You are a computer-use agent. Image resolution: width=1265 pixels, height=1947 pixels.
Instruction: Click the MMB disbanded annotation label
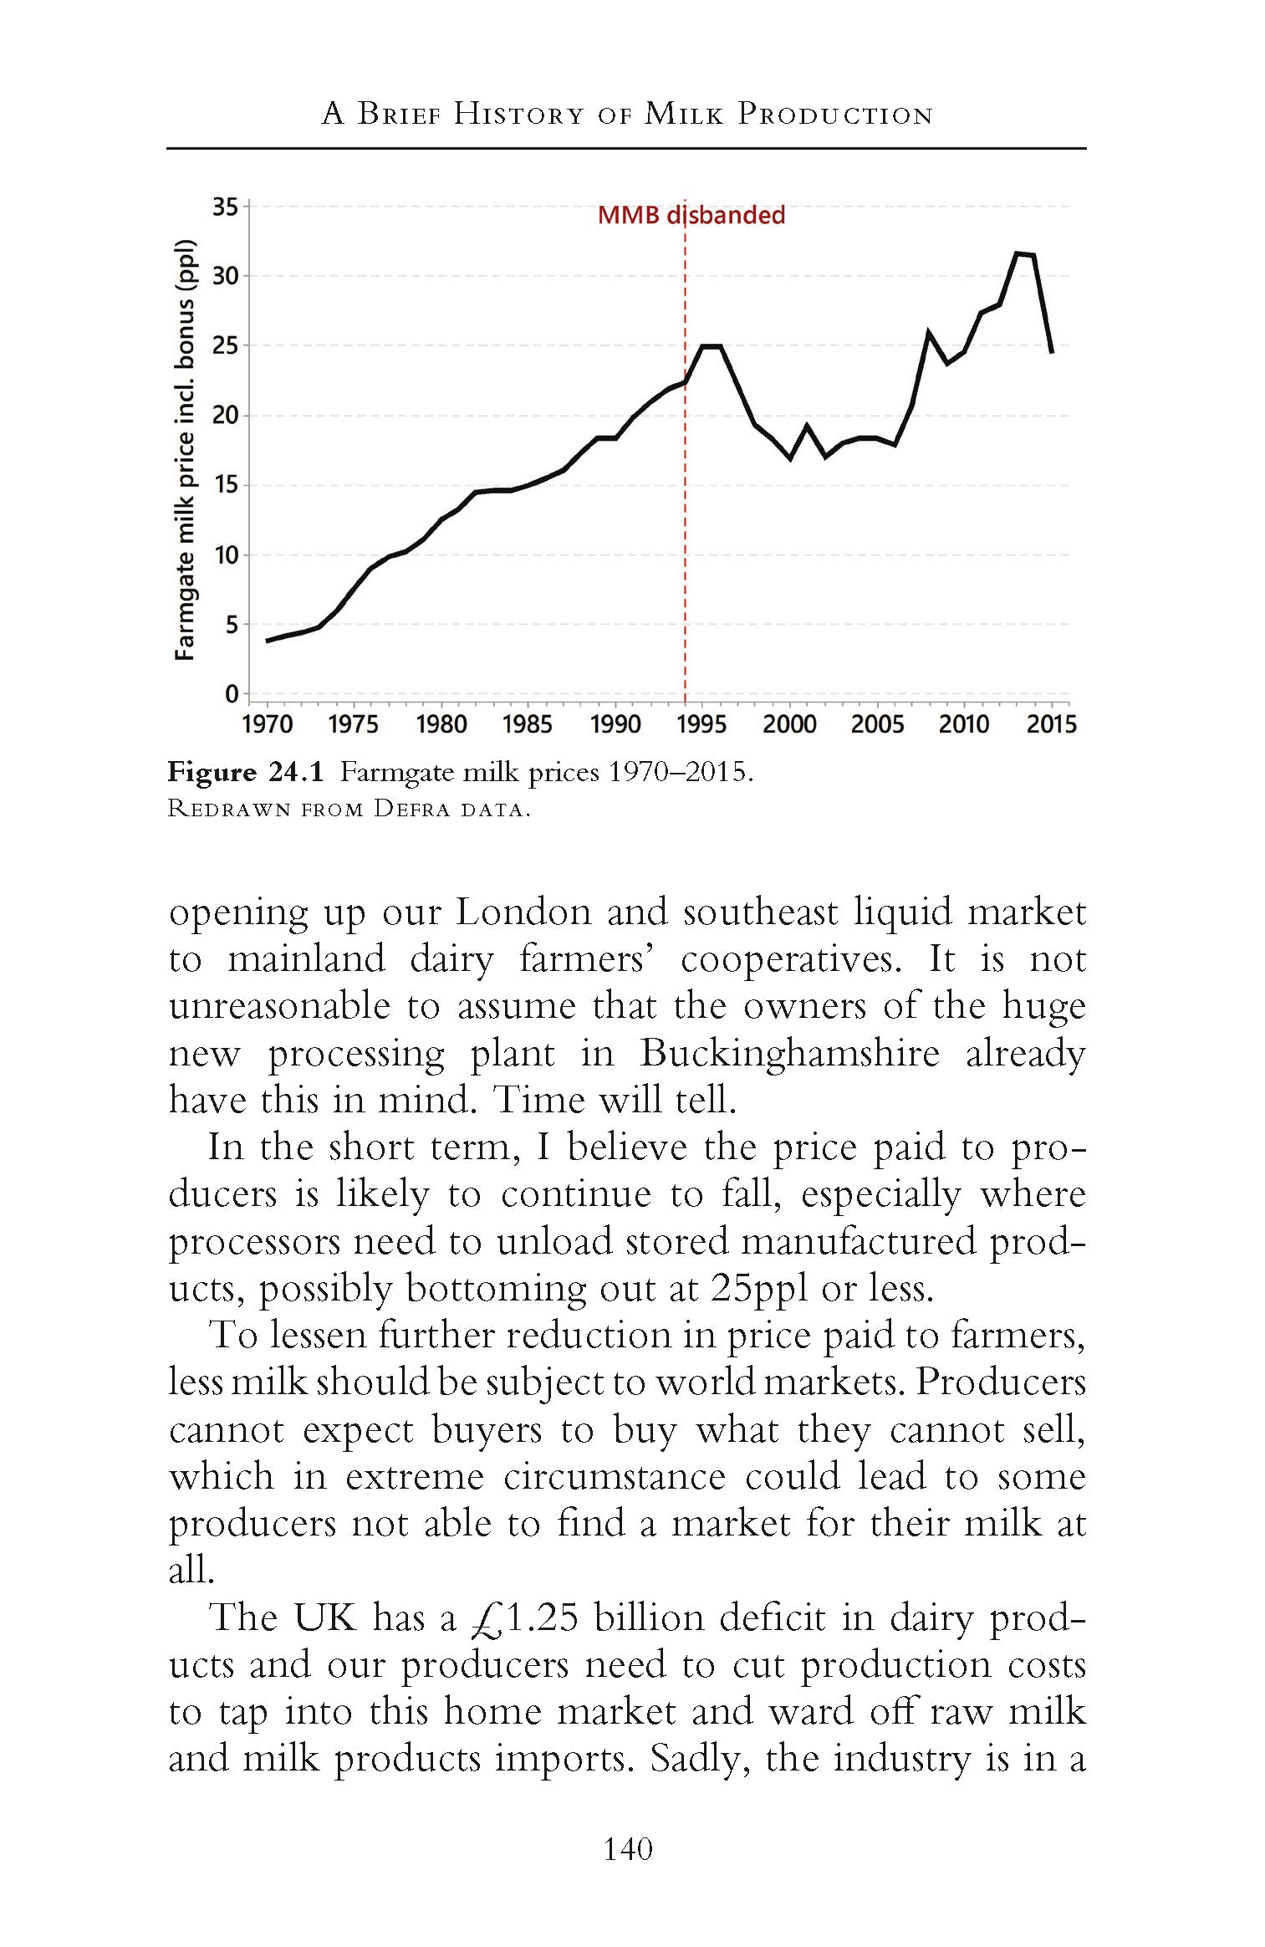point(691,215)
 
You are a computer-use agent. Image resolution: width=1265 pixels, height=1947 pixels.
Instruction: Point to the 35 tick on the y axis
point(225,207)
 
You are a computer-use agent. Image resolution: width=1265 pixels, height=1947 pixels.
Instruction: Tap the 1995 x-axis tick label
point(701,724)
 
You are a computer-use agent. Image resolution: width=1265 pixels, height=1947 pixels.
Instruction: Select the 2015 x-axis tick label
point(1051,724)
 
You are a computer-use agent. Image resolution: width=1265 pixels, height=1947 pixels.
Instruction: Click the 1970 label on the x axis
point(268,724)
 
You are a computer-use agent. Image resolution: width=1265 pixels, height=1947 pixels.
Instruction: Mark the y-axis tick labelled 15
point(225,485)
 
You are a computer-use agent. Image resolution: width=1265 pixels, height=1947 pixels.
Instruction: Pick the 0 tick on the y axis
point(232,694)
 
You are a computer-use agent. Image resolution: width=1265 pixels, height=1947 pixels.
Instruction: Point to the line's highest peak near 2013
point(1017,253)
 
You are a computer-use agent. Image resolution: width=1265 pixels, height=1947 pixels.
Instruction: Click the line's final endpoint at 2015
point(1051,351)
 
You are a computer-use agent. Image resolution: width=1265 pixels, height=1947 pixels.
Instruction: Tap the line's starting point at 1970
point(268,641)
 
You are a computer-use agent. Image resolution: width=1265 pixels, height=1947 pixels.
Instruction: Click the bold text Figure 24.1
point(245,771)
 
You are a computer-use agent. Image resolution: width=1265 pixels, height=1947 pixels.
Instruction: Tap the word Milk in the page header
point(684,114)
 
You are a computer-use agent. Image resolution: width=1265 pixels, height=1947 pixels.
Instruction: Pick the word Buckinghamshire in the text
point(789,1052)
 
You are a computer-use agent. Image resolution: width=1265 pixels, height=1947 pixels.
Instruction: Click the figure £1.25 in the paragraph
point(524,1617)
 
